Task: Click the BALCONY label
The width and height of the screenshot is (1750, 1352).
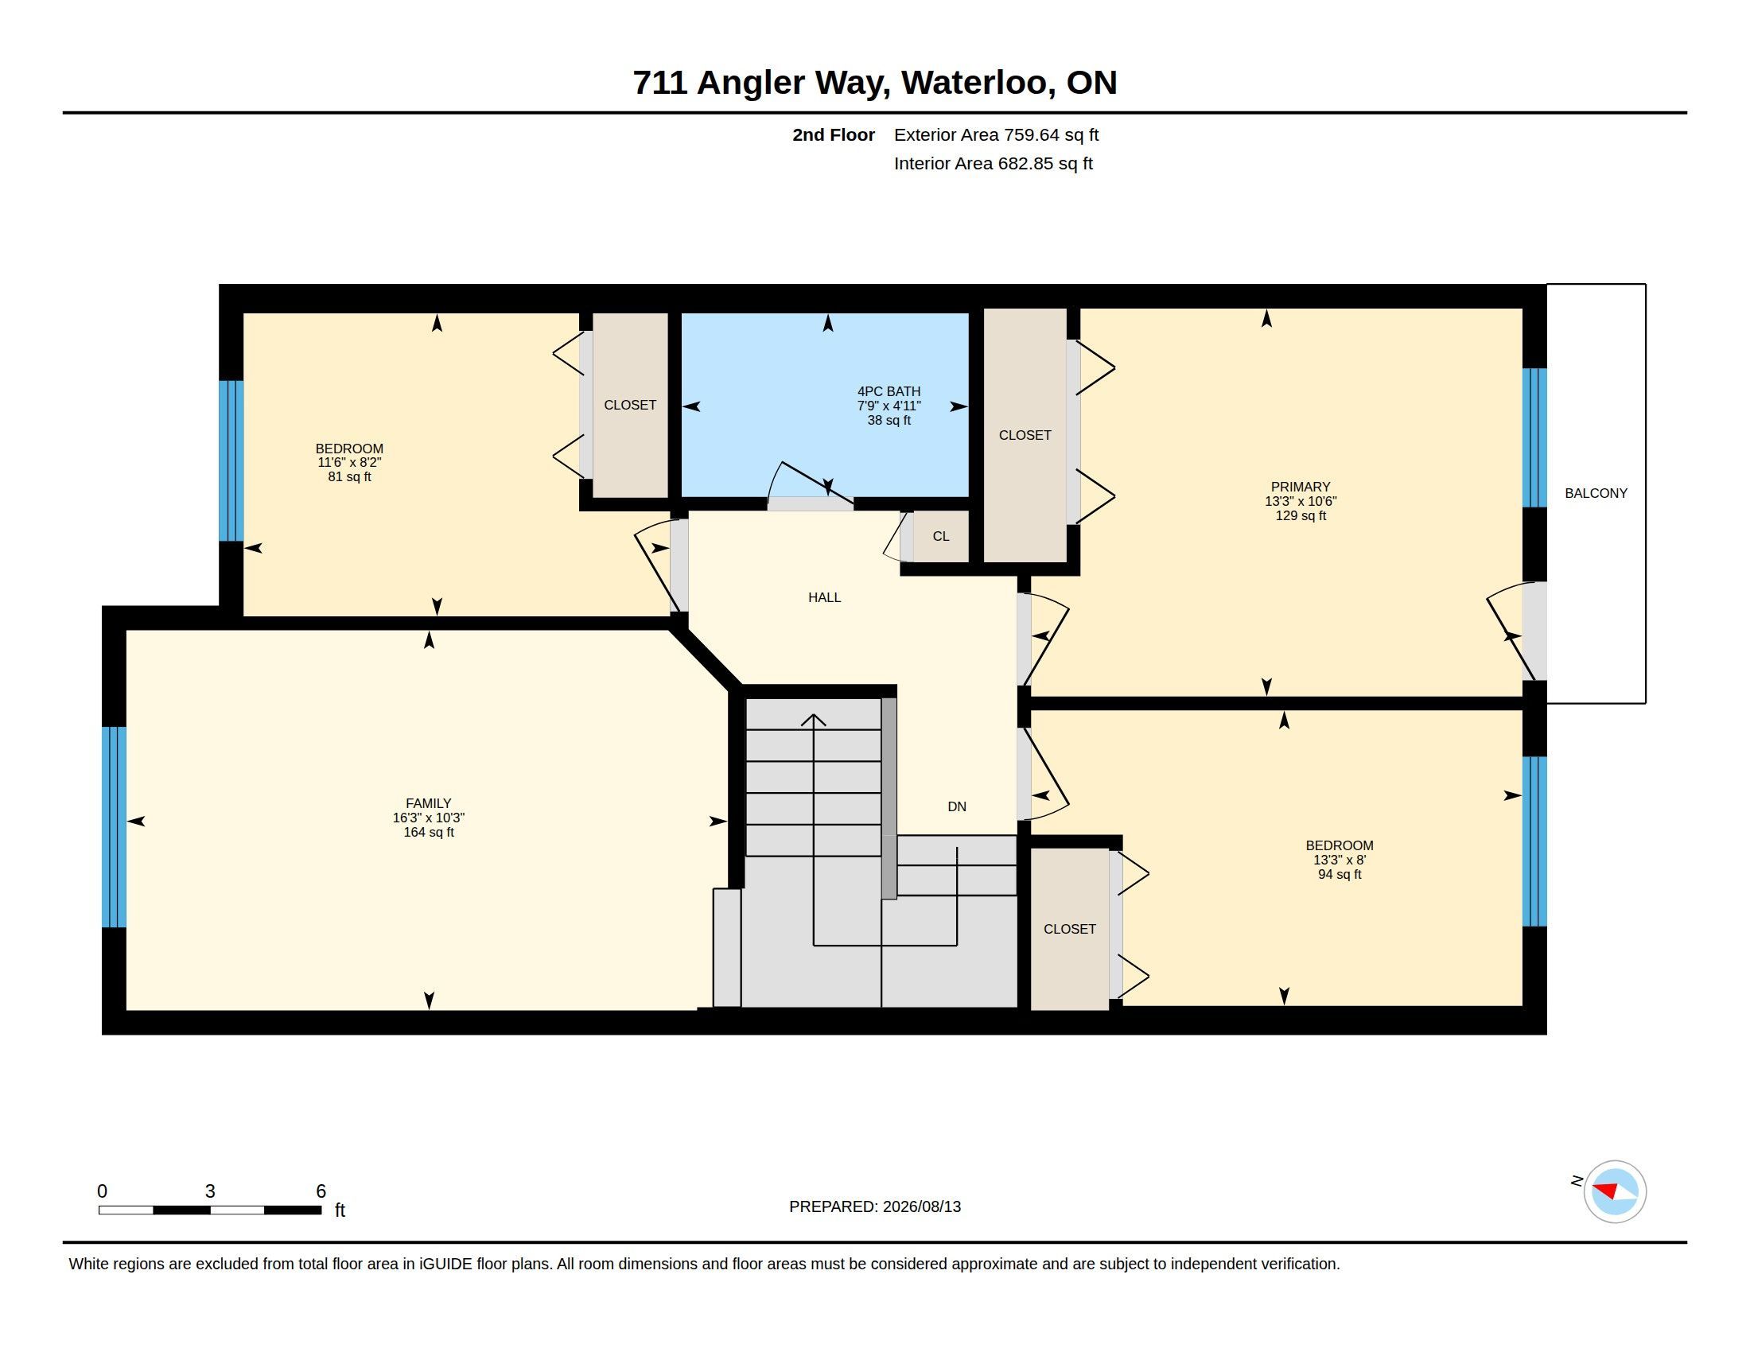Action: [1596, 493]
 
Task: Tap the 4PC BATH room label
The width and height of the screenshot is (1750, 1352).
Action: [889, 391]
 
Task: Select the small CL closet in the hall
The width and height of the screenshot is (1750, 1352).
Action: [941, 536]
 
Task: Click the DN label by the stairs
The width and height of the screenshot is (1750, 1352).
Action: [957, 806]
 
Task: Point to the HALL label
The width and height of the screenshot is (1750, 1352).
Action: [825, 597]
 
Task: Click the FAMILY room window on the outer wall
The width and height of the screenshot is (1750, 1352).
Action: [115, 826]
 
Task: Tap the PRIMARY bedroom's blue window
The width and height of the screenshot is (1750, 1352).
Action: [1534, 437]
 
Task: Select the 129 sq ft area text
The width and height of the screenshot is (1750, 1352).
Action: [1301, 516]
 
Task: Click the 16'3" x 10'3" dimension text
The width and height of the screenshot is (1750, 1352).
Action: [429, 818]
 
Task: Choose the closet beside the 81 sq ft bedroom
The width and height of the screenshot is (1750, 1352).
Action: [630, 406]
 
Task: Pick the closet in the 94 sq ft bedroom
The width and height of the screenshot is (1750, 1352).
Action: [1070, 929]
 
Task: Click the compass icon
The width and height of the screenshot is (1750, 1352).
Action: [1615, 1192]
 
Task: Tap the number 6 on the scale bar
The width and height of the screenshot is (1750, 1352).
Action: [321, 1191]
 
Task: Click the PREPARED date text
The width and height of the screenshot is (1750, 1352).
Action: [875, 1206]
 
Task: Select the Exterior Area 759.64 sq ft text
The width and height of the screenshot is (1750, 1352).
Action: [996, 135]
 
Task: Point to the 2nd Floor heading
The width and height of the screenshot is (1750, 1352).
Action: [834, 135]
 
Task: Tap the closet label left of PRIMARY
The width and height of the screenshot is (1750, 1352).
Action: [1025, 435]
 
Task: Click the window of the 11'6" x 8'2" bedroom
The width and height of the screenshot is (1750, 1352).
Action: [231, 460]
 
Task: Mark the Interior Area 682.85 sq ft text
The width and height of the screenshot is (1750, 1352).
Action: [993, 163]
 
